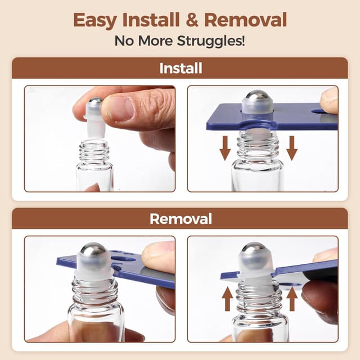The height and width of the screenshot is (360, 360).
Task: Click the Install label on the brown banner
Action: point(180,69)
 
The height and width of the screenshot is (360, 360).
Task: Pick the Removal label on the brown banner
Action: point(180,219)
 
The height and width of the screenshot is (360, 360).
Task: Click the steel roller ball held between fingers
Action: point(96,104)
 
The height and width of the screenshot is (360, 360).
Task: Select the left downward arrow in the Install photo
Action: point(225,147)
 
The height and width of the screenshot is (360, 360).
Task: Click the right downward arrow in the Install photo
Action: point(291,147)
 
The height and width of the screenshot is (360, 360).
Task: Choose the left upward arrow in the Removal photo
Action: point(227,298)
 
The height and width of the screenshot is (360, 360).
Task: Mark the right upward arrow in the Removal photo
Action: point(291,298)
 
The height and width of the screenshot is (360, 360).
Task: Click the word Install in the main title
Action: point(151,20)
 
